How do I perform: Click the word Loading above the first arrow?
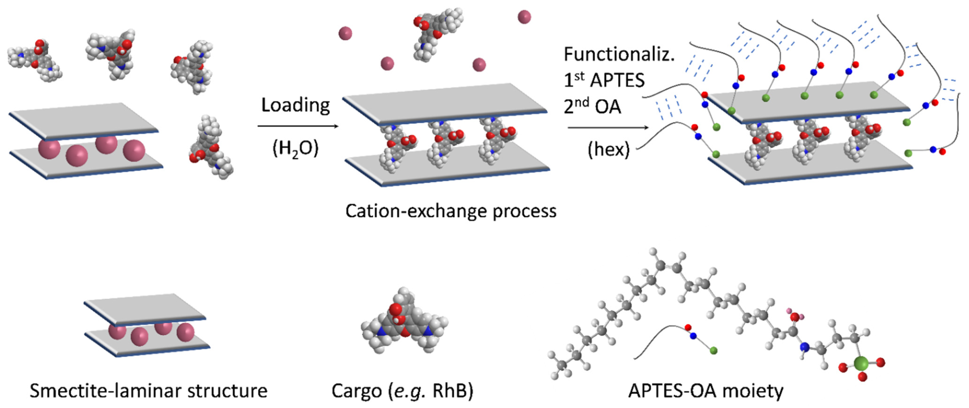pos(295,106)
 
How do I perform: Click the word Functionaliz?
pos(619,55)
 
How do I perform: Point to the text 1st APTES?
pos(604,80)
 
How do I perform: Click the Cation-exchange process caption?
pos(451,211)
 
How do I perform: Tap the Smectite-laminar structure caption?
pos(149,391)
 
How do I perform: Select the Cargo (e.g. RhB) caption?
pos(402,391)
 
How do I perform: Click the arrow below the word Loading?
pos(298,126)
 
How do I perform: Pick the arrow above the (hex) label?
pos(608,128)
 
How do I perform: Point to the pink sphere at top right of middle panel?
pos(524,17)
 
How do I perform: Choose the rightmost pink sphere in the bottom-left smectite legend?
pos(186,332)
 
